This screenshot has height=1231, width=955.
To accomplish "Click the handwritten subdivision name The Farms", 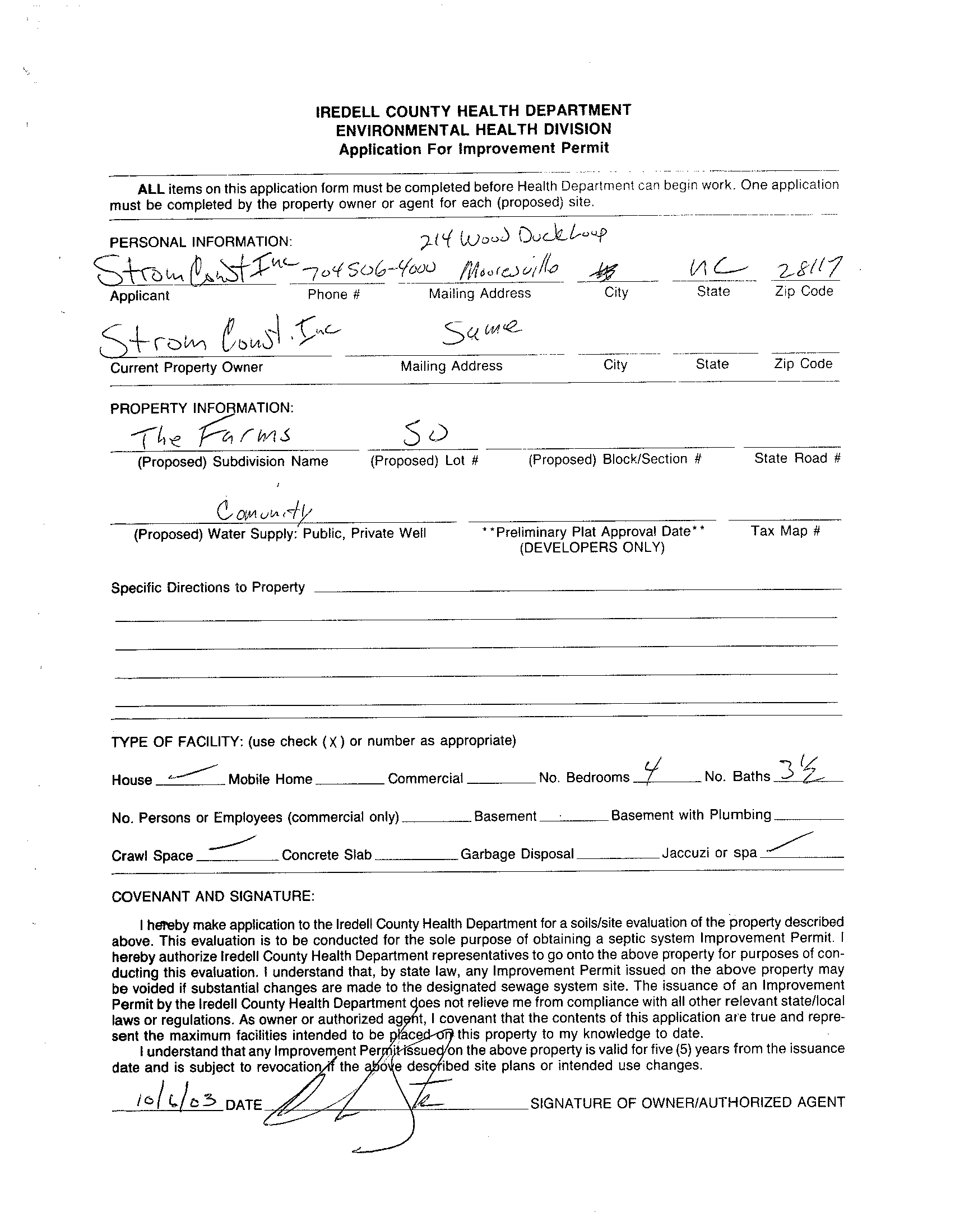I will click(211, 436).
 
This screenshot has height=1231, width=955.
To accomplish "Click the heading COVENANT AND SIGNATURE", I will click(213, 896).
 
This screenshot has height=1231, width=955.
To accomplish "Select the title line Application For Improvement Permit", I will click(474, 149).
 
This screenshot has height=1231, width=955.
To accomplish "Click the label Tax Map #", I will click(785, 531).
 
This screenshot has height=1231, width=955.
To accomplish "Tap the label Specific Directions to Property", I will click(207, 587).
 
